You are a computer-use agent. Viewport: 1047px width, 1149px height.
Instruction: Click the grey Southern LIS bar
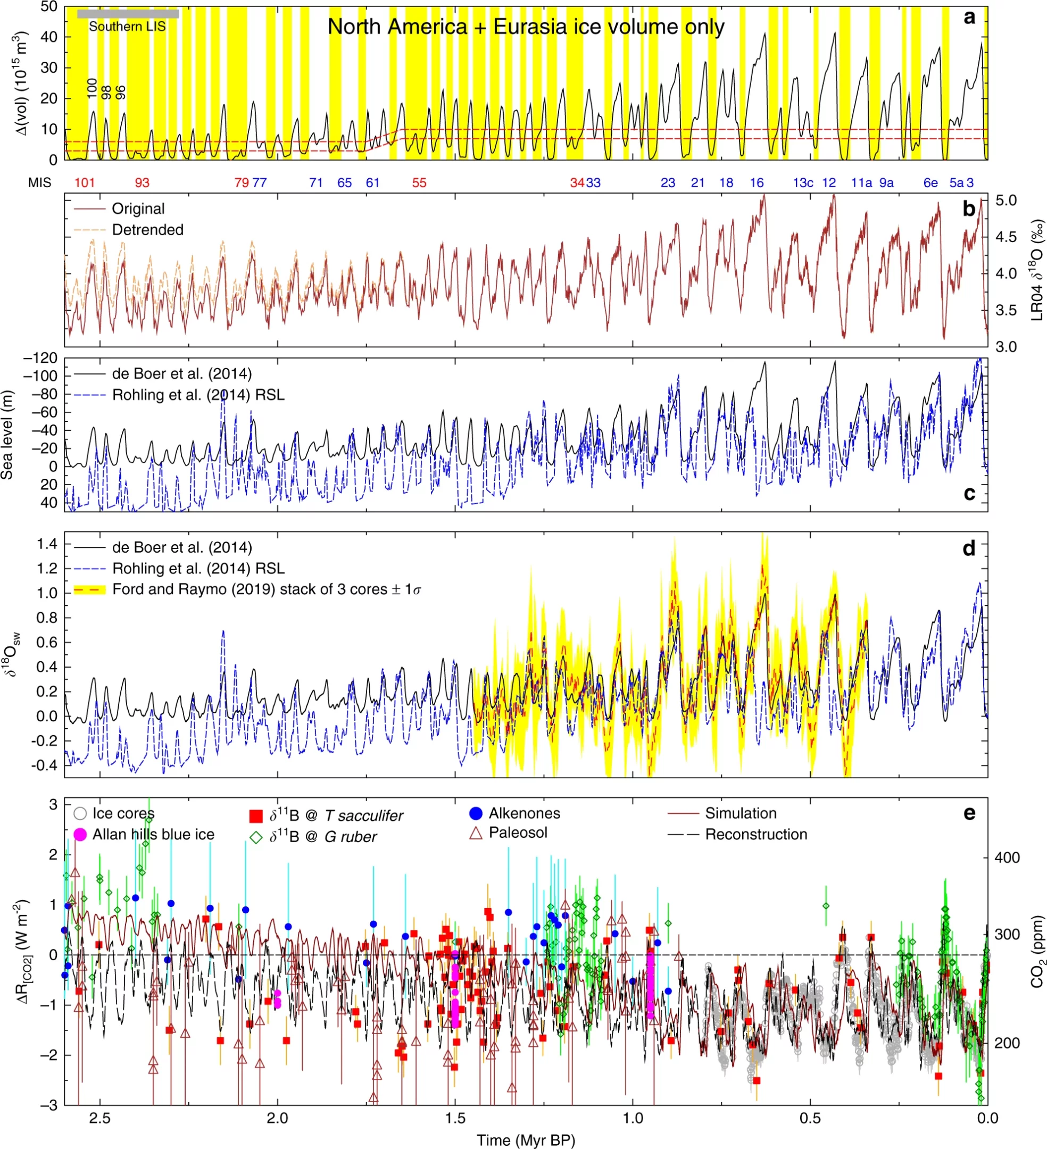click(128, 14)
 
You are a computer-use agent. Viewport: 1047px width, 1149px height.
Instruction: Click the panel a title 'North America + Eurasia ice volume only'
click(526, 27)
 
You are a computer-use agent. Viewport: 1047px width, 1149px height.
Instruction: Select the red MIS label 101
click(85, 183)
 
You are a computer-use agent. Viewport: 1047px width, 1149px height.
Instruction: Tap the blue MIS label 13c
click(802, 183)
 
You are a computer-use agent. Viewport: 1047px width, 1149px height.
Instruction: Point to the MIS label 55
click(419, 183)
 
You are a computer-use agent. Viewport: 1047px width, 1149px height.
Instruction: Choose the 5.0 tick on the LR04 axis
click(1006, 201)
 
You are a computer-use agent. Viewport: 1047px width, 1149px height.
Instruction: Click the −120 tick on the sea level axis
click(40, 359)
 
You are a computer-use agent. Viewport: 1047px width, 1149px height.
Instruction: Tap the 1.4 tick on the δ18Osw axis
click(47, 544)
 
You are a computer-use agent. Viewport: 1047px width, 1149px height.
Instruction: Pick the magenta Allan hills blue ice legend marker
click(80, 835)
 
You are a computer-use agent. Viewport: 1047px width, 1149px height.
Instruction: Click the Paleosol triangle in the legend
click(476, 833)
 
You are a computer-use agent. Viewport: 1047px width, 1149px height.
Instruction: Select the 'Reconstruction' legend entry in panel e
click(737, 835)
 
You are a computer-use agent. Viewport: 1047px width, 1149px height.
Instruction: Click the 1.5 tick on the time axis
click(455, 1118)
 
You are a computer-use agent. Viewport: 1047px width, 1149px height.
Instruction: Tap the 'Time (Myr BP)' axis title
click(526, 1140)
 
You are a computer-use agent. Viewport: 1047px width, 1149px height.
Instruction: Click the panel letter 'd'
click(969, 548)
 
